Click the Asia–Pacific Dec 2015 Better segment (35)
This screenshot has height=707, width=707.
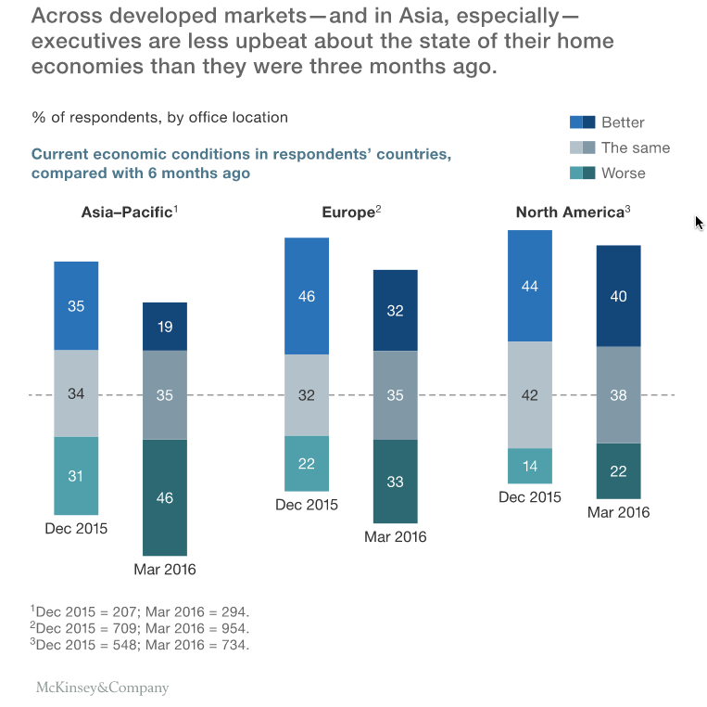tap(76, 305)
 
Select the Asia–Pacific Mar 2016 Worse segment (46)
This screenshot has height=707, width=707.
tap(165, 497)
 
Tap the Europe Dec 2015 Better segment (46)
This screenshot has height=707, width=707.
tap(307, 296)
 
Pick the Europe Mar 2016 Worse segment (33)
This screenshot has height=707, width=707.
tap(396, 481)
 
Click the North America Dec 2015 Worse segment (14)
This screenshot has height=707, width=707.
tap(530, 466)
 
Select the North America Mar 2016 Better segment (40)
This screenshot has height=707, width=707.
tap(619, 296)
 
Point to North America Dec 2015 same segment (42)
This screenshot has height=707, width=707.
tap(530, 394)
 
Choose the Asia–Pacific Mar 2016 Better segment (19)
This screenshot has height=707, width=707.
tap(165, 326)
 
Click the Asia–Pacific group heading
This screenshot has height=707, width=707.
tap(129, 212)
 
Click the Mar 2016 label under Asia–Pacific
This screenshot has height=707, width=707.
tap(165, 570)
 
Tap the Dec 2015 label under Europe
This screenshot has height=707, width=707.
tap(307, 505)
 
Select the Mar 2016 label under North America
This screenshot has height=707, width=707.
tap(619, 512)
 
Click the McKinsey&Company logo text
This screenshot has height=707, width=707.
tap(102, 688)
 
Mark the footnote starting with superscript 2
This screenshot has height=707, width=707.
tap(140, 628)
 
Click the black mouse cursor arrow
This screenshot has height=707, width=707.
tap(699, 223)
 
